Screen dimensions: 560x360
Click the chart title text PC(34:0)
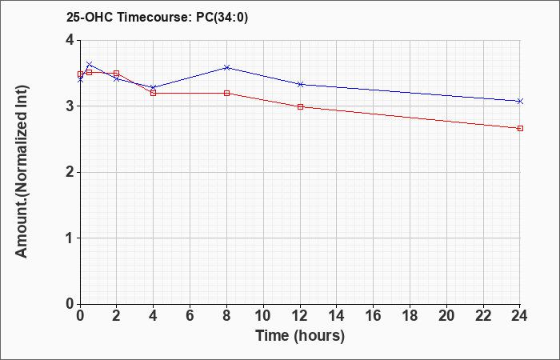[222, 18]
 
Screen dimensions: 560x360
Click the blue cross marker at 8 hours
[226, 67]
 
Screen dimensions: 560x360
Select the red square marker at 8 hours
[226, 94]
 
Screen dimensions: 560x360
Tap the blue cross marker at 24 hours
[520, 102]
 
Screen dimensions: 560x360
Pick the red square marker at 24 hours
[520, 128]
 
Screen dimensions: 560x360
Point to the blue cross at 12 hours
[300, 84]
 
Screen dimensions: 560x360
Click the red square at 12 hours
[300, 106]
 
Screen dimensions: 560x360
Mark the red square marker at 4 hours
[154, 94]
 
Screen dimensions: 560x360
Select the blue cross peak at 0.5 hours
[90, 64]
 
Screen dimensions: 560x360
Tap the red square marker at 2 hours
[117, 74]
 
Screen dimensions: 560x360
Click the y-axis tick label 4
[70, 40]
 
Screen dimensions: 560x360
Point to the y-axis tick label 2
[70, 173]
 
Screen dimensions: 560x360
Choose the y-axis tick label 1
[70, 238]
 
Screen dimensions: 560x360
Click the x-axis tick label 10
[263, 316]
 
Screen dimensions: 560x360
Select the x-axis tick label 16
[374, 316]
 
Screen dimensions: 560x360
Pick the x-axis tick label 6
[190, 316]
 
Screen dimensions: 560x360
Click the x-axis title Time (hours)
[300, 336]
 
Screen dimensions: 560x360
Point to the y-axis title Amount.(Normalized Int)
[22, 171]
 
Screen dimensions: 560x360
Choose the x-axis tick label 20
[446, 316]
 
